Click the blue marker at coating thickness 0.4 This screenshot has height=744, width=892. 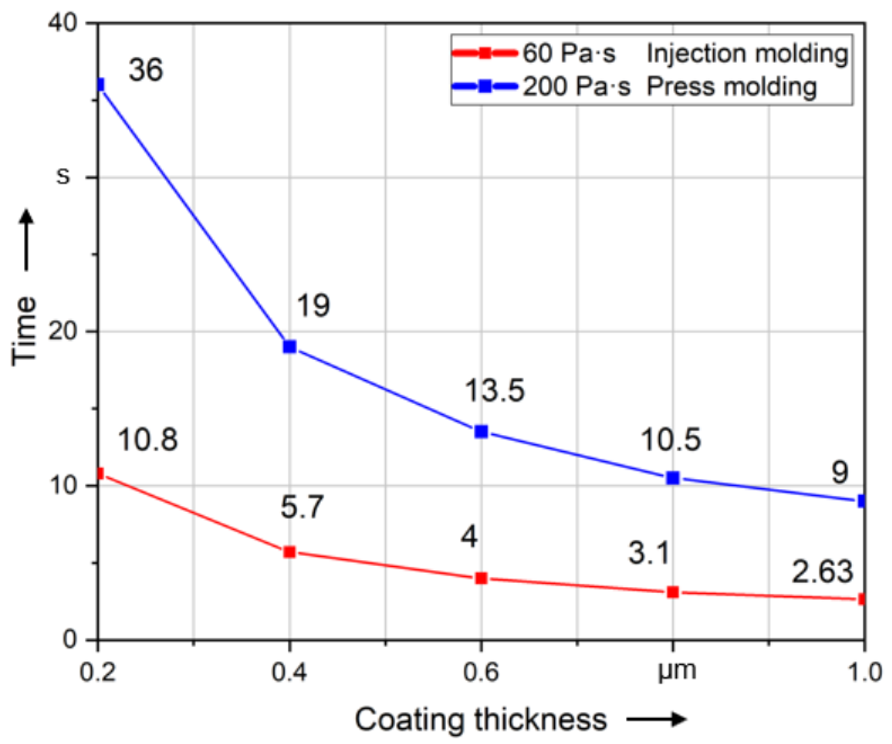tap(290, 347)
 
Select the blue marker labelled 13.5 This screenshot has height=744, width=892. tap(481, 432)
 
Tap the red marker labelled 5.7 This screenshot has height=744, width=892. tap(290, 552)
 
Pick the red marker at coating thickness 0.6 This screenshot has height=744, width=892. tap(481, 579)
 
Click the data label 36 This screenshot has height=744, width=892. tap(146, 70)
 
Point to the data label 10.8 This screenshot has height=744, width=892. tap(148, 440)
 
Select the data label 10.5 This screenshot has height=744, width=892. tap(670, 440)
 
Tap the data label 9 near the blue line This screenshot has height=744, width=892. tap(840, 473)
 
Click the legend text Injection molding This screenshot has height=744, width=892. tap(747, 54)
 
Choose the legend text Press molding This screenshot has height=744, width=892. tap(731, 87)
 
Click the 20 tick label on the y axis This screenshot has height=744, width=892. tap(64, 332)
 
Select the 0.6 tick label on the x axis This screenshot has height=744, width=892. tap(481, 672)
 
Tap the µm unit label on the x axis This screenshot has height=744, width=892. tap(676, 671)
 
